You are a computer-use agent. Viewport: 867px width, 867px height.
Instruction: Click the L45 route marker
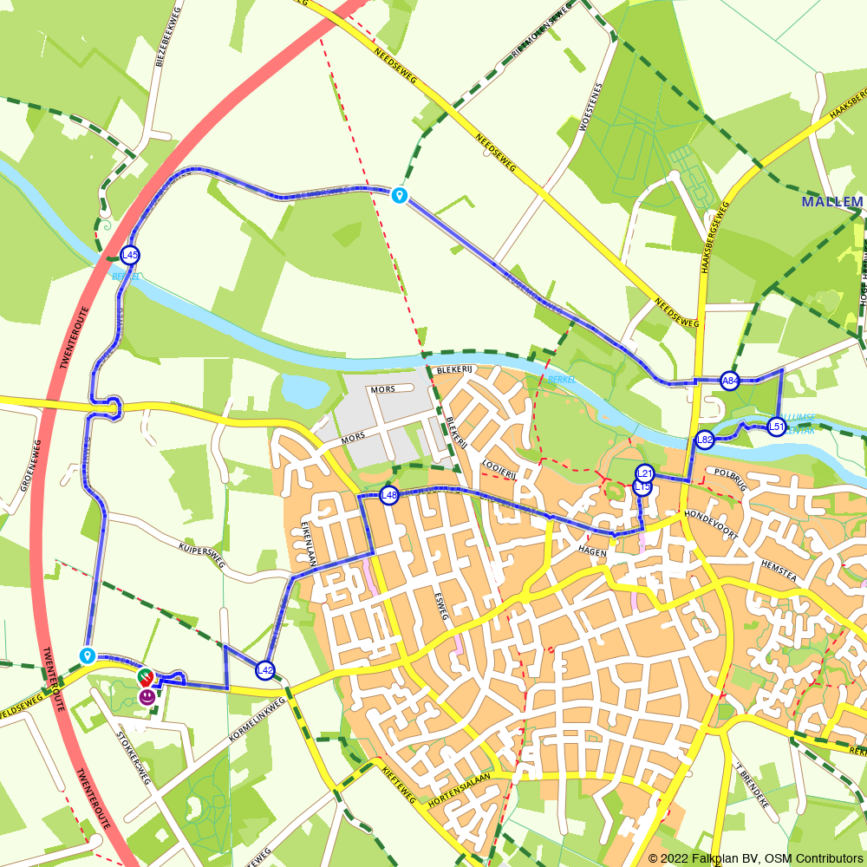click(x=130, y=255)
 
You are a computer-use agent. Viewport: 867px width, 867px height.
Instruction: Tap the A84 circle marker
click(x=730, y=381)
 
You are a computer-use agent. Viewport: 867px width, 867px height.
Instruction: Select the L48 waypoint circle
click(x=389, y=495)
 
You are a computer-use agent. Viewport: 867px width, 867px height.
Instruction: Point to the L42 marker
click(x=265, y=670)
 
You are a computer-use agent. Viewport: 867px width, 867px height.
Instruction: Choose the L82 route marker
click(x=705, y=440)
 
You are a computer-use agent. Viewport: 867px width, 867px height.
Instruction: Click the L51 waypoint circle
click(x=776, y=426)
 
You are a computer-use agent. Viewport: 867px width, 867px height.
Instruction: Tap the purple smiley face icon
click(x=147, y=695)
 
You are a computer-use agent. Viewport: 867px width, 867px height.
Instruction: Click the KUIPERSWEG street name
click(x=201, y=557)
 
